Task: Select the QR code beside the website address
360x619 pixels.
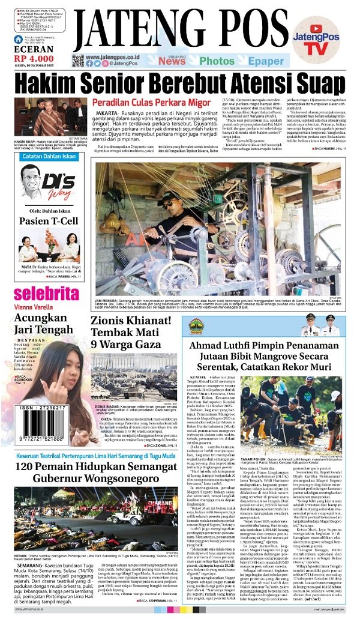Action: [x=78, y=60]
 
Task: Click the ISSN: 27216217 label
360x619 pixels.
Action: [x=41, y=407]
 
